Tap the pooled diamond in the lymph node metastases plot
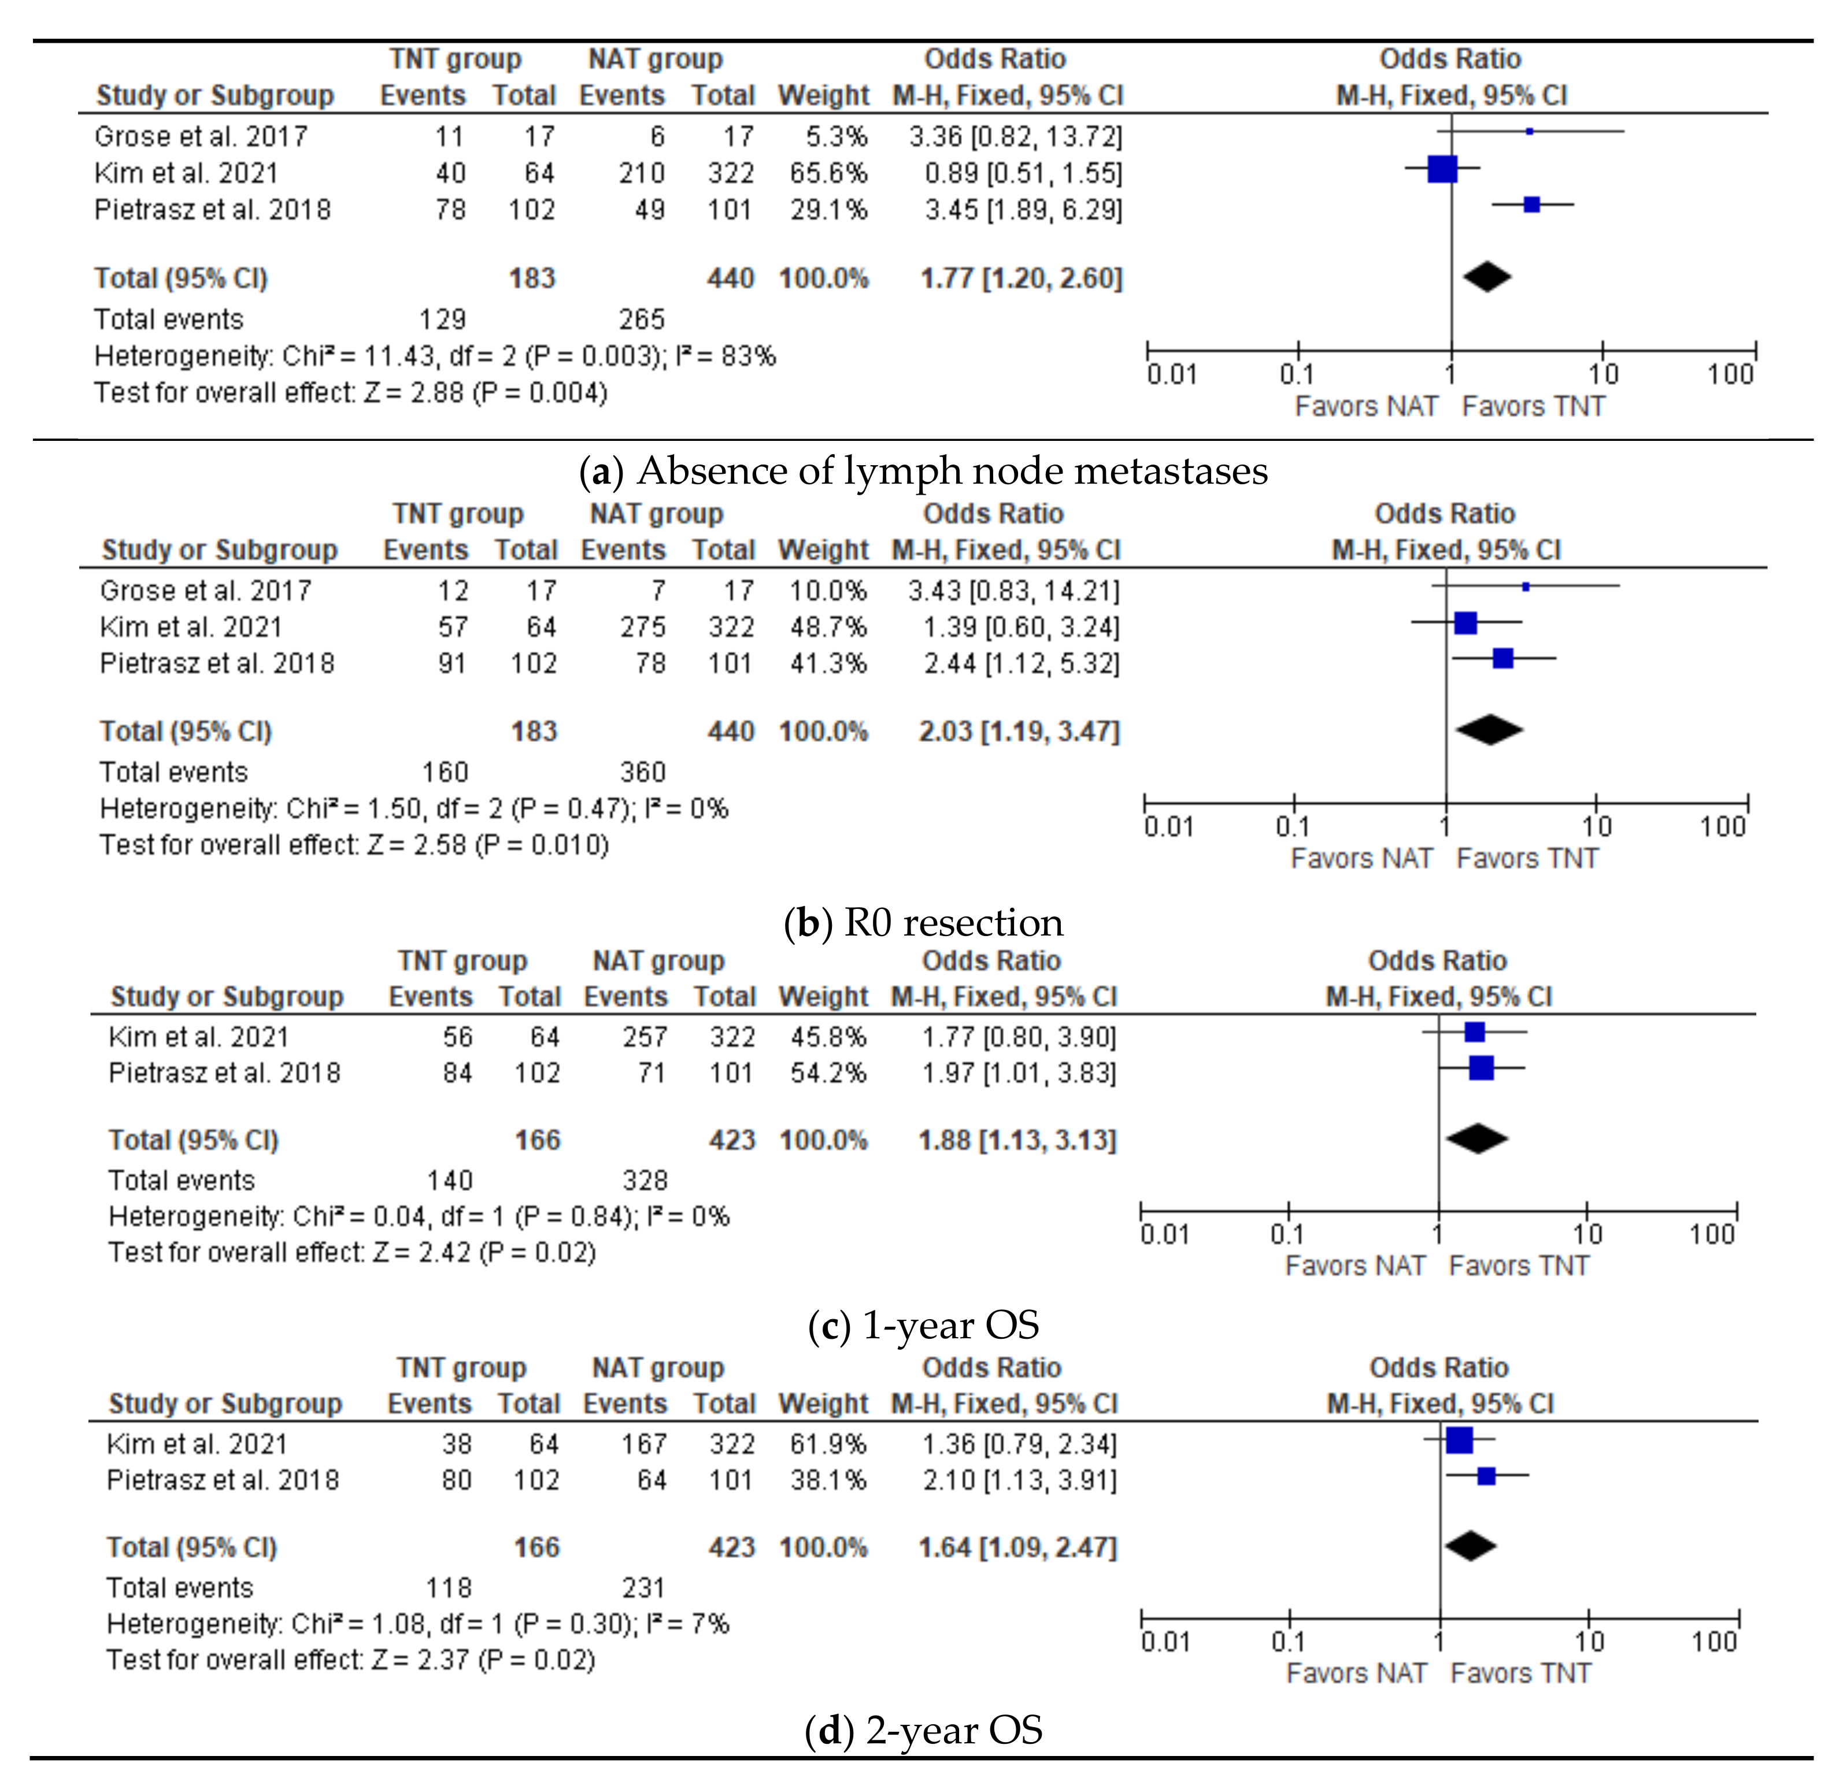1487,277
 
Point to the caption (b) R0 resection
923,923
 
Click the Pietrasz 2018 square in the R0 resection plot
1502,658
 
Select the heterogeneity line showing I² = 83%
434,356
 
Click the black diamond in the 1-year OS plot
1476,1138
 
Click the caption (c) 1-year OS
923,1325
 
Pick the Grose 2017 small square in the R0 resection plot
1525,586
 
